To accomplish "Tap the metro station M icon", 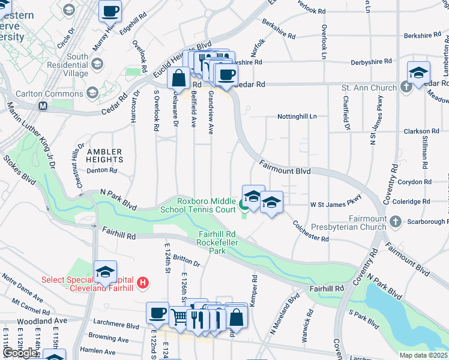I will click(x=43, y=106).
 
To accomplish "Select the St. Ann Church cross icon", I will click(x=406, y=88).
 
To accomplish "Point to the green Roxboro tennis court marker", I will click(x=244, y=205).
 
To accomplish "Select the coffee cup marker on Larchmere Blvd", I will click(x=158, y=313).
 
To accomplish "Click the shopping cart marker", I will click(x=179, y=316).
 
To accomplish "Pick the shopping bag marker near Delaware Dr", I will click(x=179, y=77).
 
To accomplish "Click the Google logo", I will click(x=20, y=353).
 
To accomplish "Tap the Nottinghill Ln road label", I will click(x=297, y=116).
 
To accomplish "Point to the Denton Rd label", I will click(x=101, y=170).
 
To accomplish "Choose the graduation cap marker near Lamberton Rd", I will click(x=418, y=73).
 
